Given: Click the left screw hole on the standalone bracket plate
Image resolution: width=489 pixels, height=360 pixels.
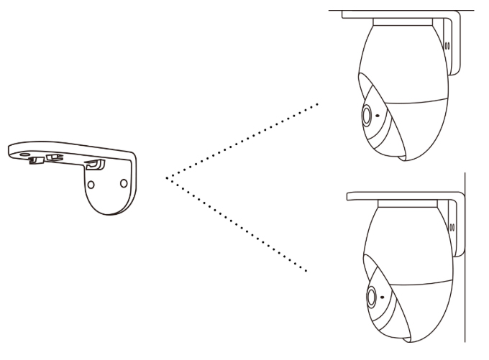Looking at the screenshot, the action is [90, 184].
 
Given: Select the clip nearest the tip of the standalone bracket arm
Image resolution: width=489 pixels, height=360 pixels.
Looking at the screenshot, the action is [34, 160].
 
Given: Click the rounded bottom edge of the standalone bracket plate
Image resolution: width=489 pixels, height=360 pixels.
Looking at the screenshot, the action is [108, 213].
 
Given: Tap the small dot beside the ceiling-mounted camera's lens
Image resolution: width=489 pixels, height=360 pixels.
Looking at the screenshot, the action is [379, 115].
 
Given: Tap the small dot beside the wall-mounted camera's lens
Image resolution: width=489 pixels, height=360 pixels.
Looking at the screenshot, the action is [383, 296].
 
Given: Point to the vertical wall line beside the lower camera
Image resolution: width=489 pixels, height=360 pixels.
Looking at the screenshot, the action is [465, 273].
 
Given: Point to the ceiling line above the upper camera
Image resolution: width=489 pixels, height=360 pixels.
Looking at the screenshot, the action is [403, 10].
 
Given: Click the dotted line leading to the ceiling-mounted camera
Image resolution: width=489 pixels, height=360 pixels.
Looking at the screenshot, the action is [244, 140].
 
